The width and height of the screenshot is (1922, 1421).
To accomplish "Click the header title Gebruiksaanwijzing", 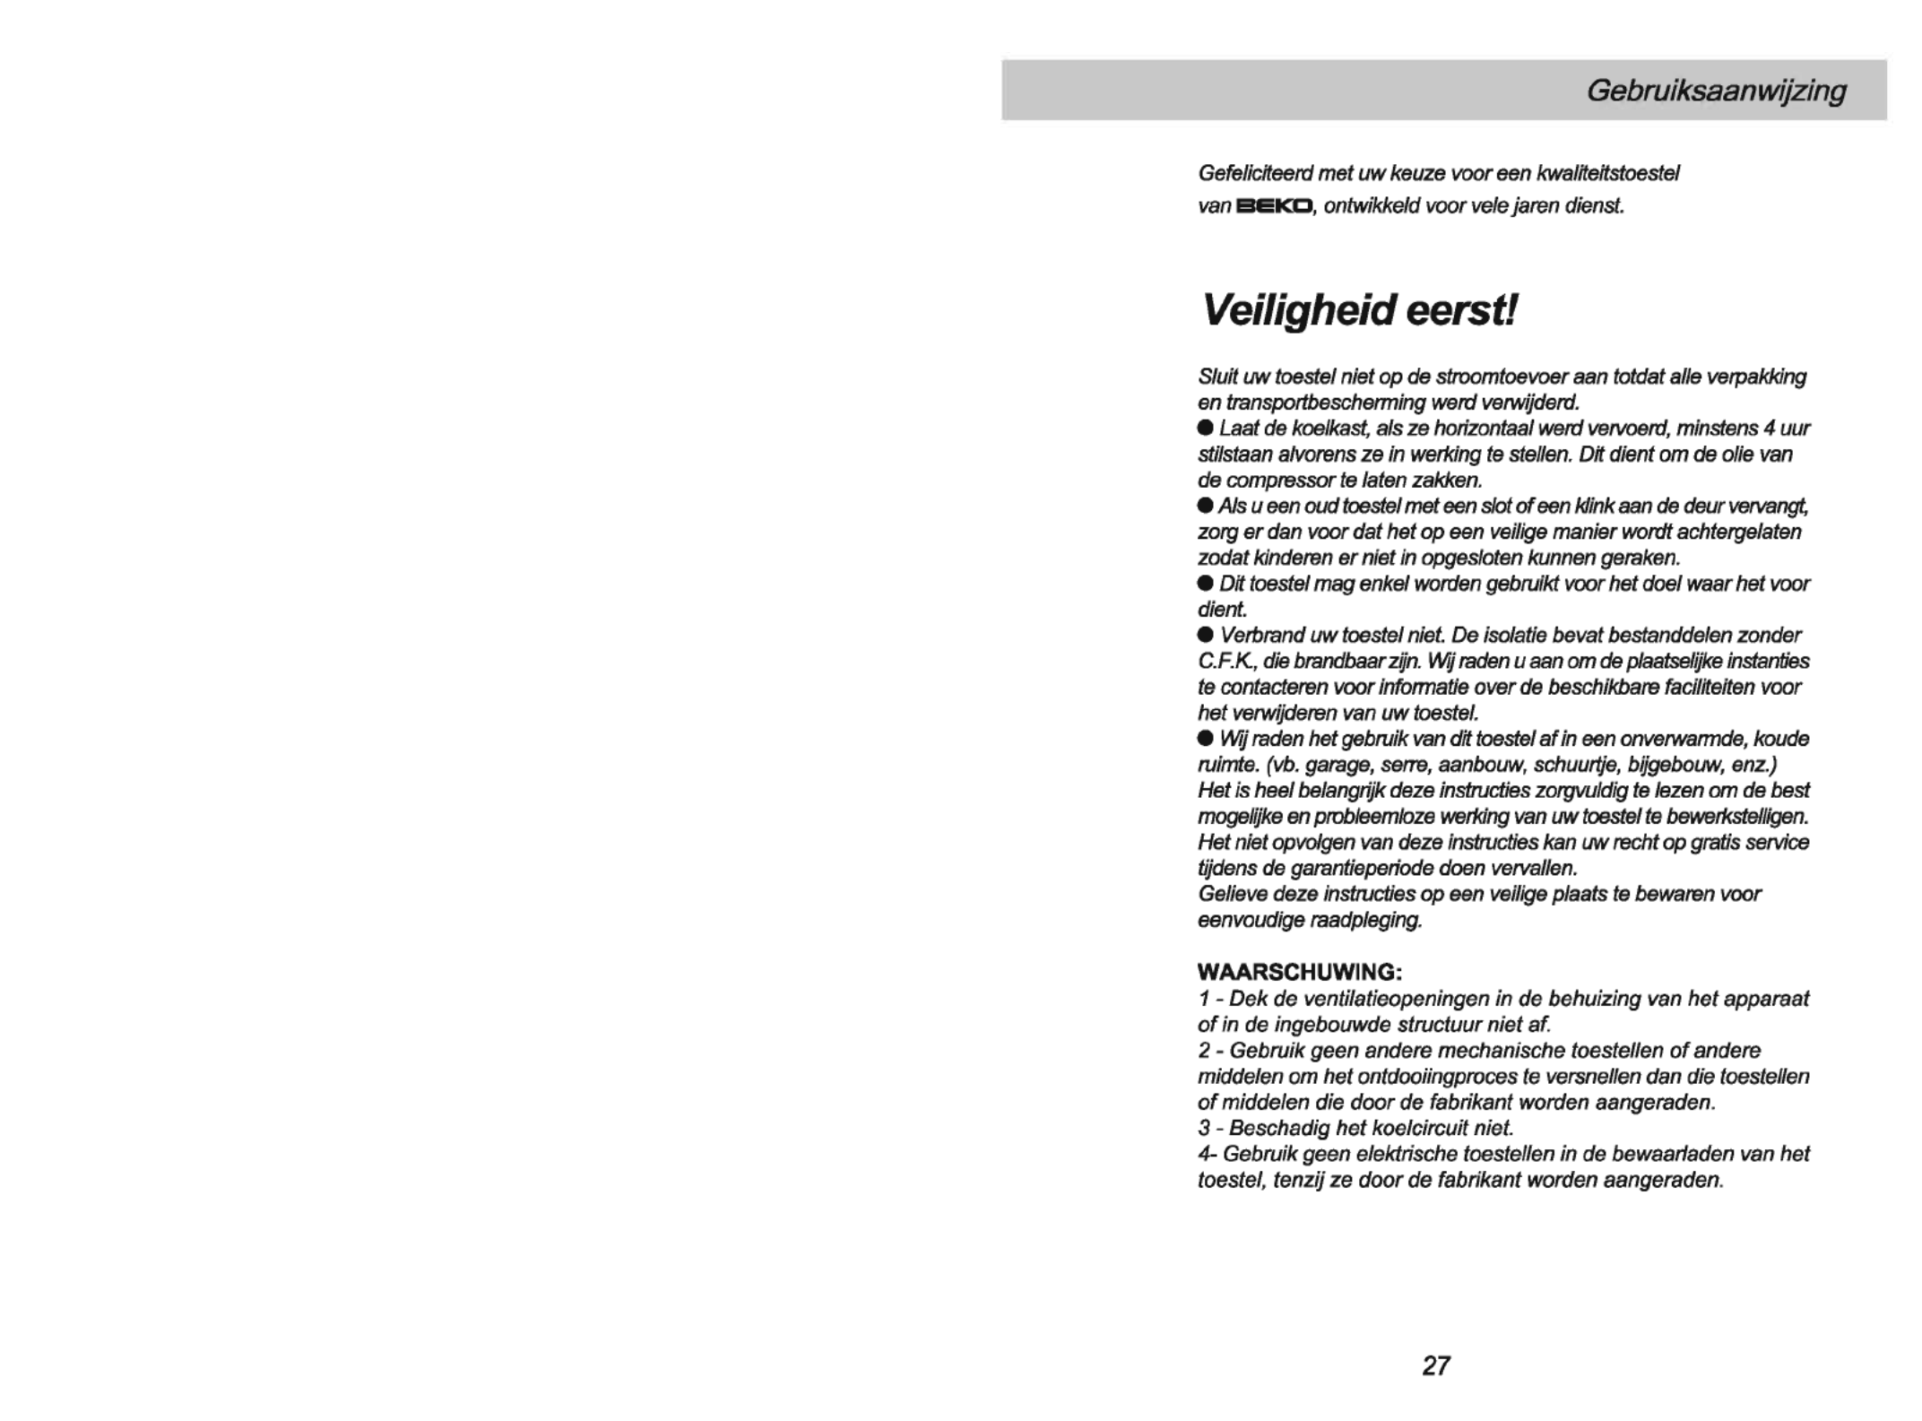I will point(1716,91).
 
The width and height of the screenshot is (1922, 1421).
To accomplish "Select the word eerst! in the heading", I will point(1462,311).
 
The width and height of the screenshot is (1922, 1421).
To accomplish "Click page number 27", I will point(1435,1365).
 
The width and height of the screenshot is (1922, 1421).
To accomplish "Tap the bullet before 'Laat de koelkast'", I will point(1206,429).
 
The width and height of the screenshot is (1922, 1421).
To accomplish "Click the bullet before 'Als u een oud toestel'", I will point(1206,507).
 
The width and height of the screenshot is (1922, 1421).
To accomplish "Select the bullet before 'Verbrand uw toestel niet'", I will point(1206,636).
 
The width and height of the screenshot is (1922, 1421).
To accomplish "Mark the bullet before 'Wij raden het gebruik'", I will point(1206,739).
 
